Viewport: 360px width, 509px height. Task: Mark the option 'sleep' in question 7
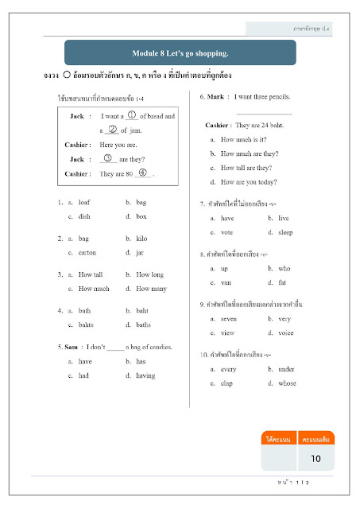point(286,231)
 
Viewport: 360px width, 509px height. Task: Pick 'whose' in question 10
point(288,383)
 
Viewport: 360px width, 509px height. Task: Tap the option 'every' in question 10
point(230,369)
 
